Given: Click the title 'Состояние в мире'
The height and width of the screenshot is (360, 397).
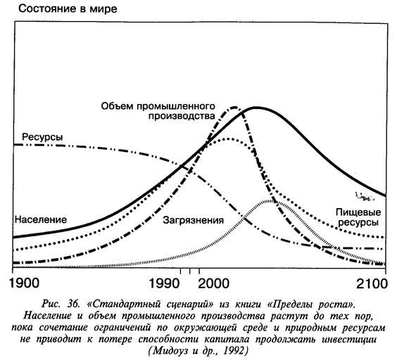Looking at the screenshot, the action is click(x=68, y=9).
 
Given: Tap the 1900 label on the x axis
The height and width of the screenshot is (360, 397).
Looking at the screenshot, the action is click(x=24, y=283).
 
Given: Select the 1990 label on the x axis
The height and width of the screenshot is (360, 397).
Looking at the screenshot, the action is click(x=164, y=283).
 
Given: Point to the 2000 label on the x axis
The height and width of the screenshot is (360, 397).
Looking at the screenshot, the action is click(x=213, y=283).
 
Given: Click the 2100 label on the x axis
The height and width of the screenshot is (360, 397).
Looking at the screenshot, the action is click(x=372, y=283).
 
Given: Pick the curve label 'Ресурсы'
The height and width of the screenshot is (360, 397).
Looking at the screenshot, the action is click(x=42, y=137).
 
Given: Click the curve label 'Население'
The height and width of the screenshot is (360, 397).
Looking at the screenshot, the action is click(x=41, y=219).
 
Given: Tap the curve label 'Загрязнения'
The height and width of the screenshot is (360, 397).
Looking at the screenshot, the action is click(x=193, y=220).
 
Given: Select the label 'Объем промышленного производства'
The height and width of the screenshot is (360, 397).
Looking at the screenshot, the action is click(x=158, y=111).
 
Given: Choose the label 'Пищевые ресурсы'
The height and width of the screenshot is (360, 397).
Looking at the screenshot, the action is click(x=358, y=217).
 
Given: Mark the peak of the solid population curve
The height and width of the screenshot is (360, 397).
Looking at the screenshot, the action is click(x=256, y=108).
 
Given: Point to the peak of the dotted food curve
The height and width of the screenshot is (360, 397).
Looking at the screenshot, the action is click(x=228, y=139).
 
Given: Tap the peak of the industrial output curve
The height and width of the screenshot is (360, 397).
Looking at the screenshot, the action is click(x=234, y=108).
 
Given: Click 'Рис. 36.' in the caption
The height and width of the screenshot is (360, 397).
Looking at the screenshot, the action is click(x=61, y=304).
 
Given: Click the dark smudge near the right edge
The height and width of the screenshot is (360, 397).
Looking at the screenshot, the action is click(x=365, y=196).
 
